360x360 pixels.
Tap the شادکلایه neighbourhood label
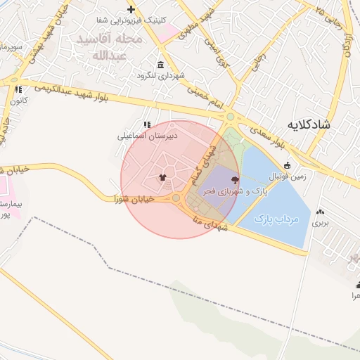[309, 124]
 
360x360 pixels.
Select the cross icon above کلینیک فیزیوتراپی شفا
[131, 9]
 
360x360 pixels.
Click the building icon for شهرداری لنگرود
[161, 65]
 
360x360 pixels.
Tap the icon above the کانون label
[18, 90]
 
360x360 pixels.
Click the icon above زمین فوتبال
[287, 166]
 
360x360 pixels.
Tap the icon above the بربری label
[321, 211]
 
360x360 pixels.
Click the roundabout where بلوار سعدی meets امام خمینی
[230, 117]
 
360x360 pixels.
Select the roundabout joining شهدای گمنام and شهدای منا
[176, 200]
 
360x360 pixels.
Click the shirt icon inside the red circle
[163, 177]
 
